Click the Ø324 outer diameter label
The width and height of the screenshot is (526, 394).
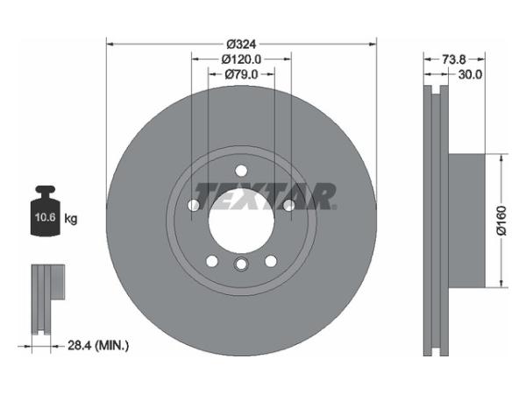241,44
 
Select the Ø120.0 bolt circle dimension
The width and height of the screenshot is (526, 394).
241,60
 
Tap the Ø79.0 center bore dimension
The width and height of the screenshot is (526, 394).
241,74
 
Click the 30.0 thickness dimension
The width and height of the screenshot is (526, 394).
470,74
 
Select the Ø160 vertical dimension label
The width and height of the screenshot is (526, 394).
501,221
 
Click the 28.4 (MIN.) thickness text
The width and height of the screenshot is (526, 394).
98,345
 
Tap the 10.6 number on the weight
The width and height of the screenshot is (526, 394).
46,217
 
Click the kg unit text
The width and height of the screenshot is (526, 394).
70,219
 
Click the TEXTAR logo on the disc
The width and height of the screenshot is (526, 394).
265,196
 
